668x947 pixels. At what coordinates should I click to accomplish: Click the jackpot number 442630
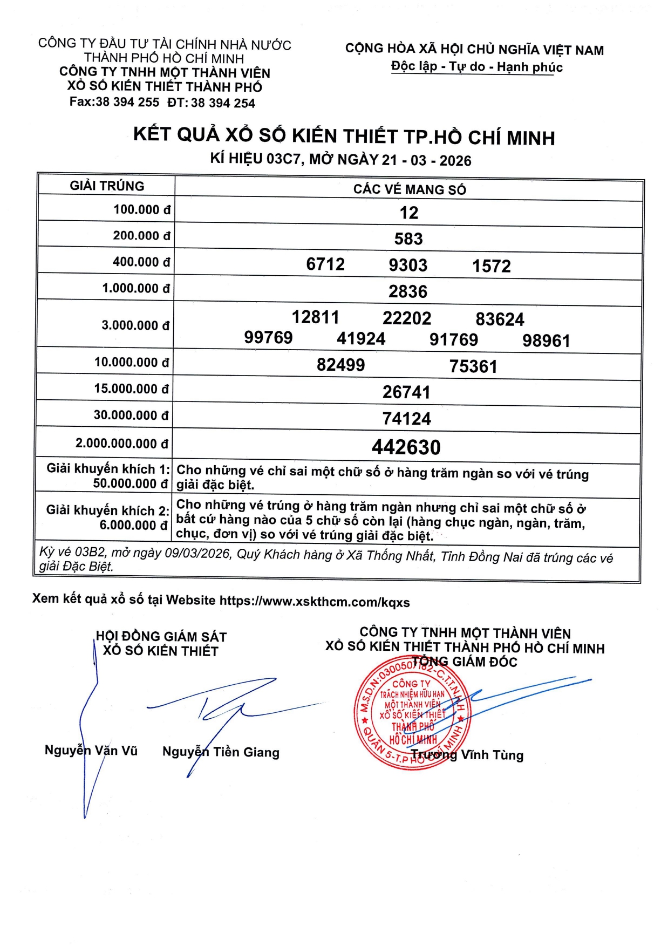coord(406,447)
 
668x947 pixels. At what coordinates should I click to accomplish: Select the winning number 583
coord(408,239)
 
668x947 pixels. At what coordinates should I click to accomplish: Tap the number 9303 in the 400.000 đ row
coord(408,265)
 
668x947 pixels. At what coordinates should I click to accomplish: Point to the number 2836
coord(408,291)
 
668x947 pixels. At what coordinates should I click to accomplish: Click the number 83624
coord(500,319)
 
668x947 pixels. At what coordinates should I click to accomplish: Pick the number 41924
coord(361,339)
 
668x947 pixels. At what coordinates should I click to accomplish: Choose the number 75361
coord(473,366)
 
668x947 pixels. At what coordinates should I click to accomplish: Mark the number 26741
coord(406,392)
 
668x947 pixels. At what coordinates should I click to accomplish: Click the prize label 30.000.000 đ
coord(131,415)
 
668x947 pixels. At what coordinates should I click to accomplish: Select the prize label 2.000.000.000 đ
coord(122,444)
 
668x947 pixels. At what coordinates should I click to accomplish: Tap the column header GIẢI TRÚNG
coord(107,186)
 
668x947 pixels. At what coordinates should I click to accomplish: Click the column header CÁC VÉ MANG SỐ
coord(410,189)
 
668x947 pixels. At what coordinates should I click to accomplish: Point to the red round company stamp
coord(412,714)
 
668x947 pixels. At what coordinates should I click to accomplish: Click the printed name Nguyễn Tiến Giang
coord(221,752)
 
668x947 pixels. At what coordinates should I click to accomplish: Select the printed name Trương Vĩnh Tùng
coord(467,755)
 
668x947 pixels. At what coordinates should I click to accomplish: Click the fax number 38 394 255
coord(127,102)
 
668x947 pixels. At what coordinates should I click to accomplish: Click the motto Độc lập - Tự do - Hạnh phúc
coord(477,67)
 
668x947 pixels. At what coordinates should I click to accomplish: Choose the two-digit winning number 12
coord(408,213)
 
